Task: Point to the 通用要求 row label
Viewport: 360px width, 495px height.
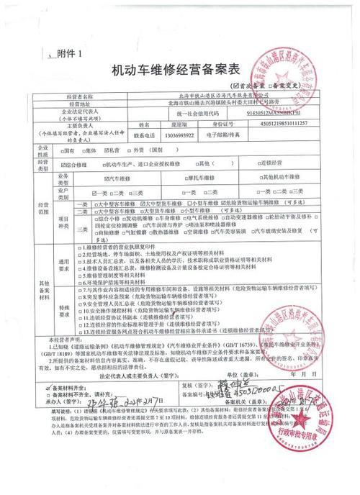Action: tap(63, 263)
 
